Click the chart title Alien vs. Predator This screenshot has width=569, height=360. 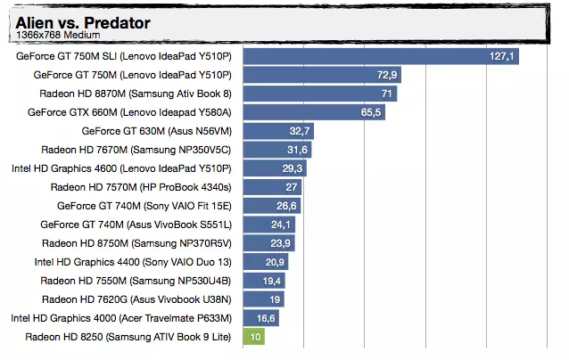click(83, 22)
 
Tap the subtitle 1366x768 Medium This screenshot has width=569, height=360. click(58, 37)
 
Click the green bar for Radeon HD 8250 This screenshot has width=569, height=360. click(255, 336)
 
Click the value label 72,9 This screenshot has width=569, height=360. click(387, 75)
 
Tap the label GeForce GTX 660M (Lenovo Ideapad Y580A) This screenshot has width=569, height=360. click(129, 112)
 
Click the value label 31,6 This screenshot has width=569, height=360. click(298, 150)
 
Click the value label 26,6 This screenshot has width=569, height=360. click(287, 206)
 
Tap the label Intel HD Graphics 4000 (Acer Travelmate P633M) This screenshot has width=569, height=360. click(121, 318)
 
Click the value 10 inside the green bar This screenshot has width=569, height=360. click(256, 337)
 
